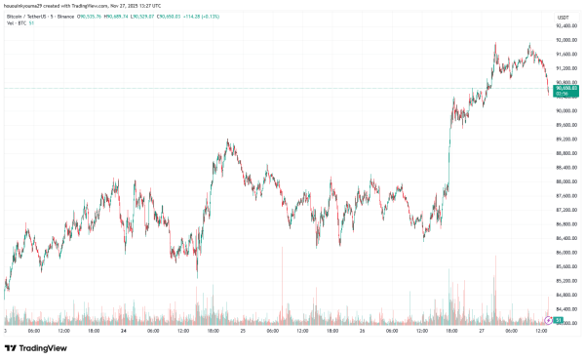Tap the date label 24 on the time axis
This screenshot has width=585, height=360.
tap(124, 331)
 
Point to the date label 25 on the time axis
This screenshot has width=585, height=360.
tap(242, 331)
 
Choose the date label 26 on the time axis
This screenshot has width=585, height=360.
tap(362, 331)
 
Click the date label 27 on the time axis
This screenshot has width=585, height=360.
tap(481, 331)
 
